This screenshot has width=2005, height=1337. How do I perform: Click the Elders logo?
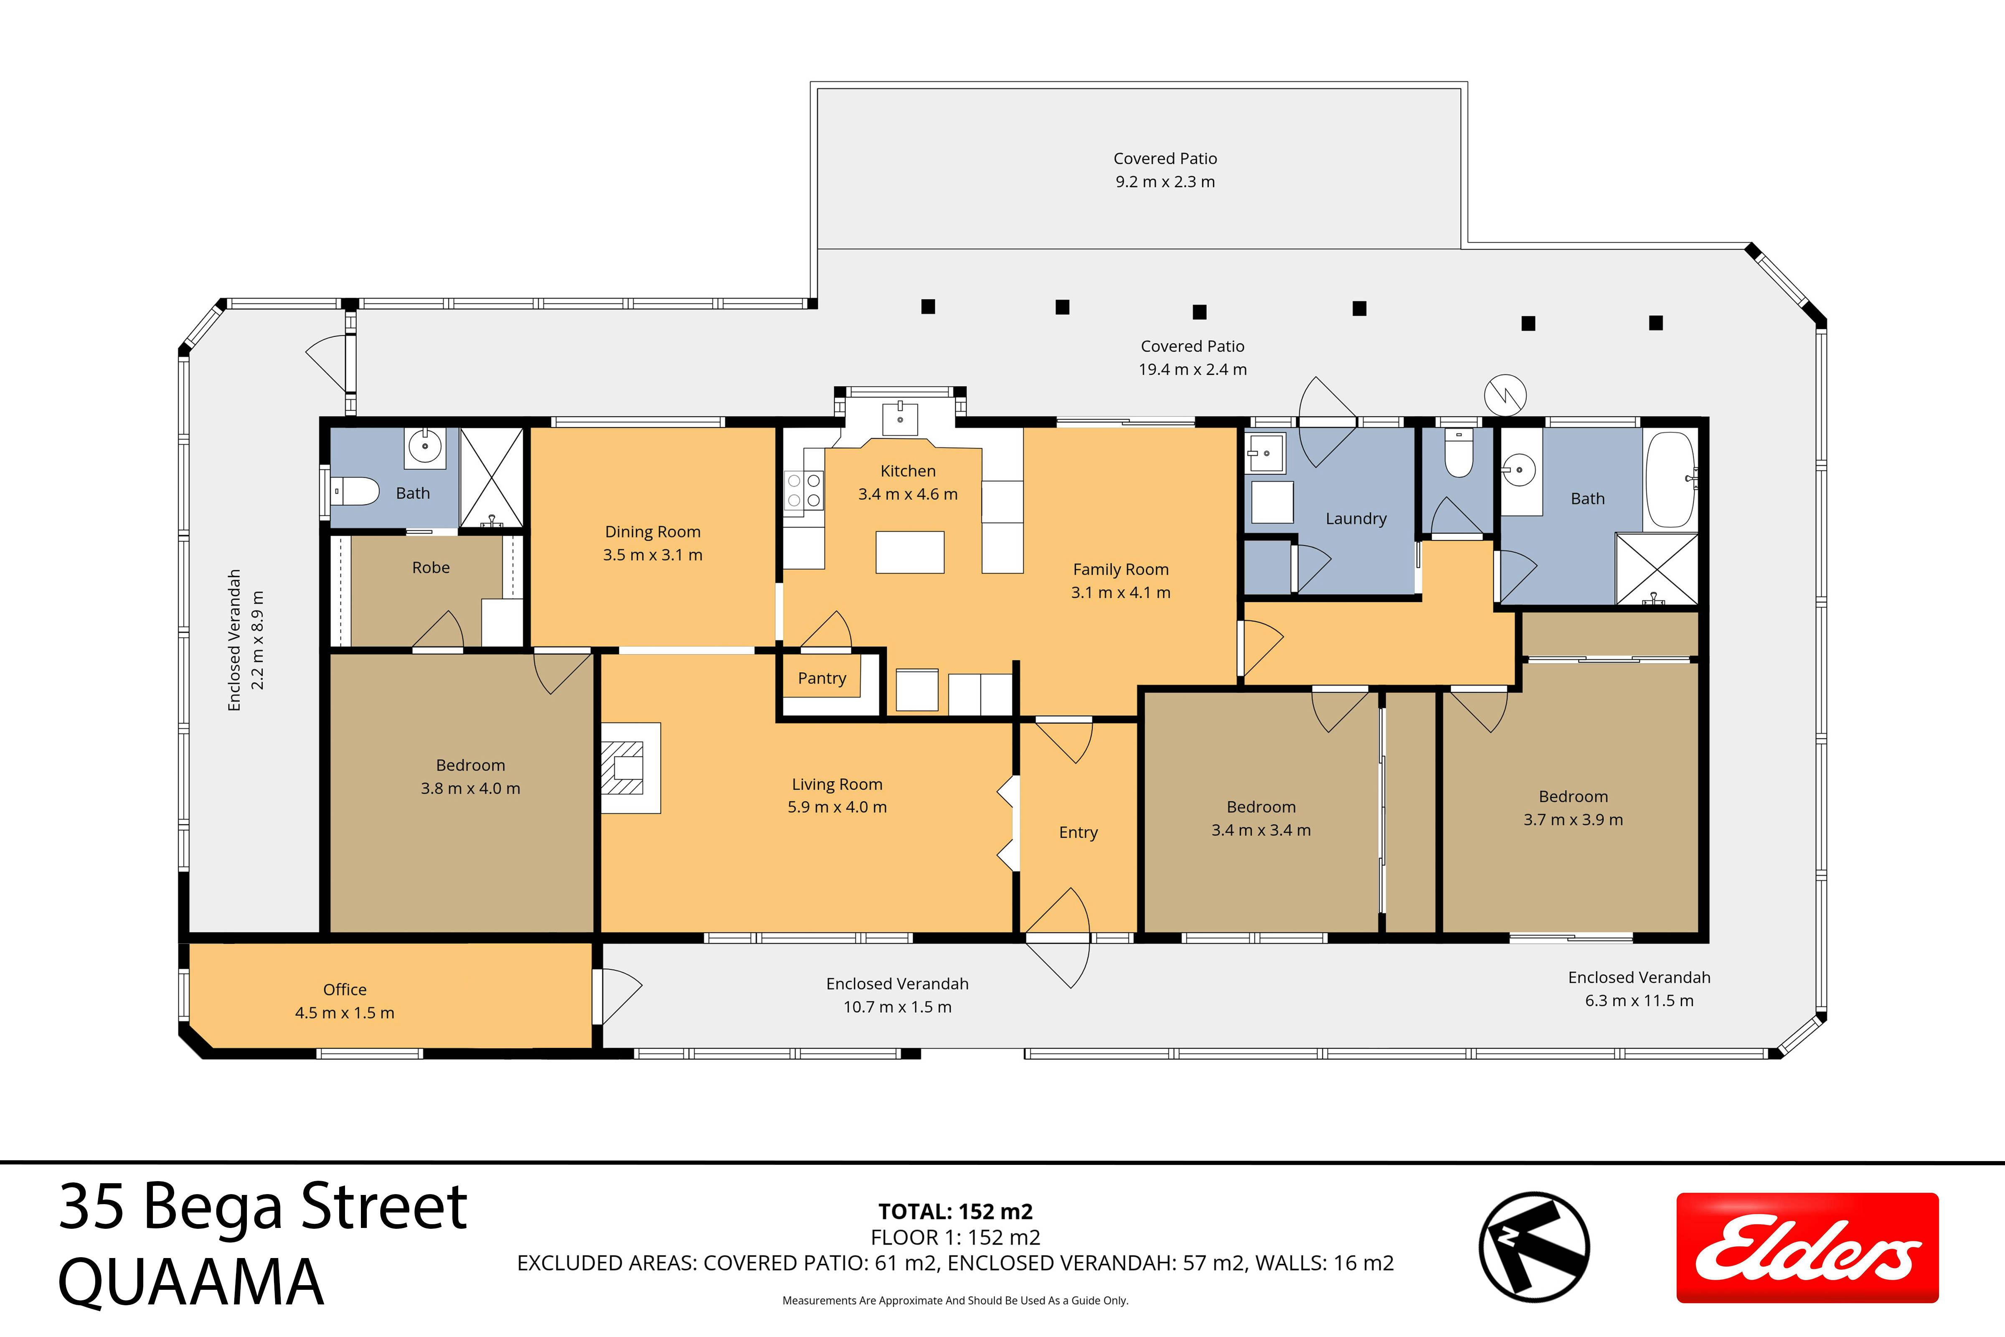point(1807,1248)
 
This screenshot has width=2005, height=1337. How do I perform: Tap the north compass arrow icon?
point(1533,1247)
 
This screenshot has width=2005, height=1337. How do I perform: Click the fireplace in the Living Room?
point(630,768)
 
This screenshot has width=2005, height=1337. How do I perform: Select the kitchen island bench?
point(910,552)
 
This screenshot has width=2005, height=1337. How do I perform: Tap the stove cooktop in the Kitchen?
point(803,490)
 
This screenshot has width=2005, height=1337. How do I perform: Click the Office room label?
point(344,989)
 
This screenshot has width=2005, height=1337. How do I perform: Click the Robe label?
point(431,567)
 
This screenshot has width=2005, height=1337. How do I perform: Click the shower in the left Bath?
point(492,478)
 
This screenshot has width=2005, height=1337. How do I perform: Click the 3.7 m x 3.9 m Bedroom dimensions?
point(1573,819)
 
